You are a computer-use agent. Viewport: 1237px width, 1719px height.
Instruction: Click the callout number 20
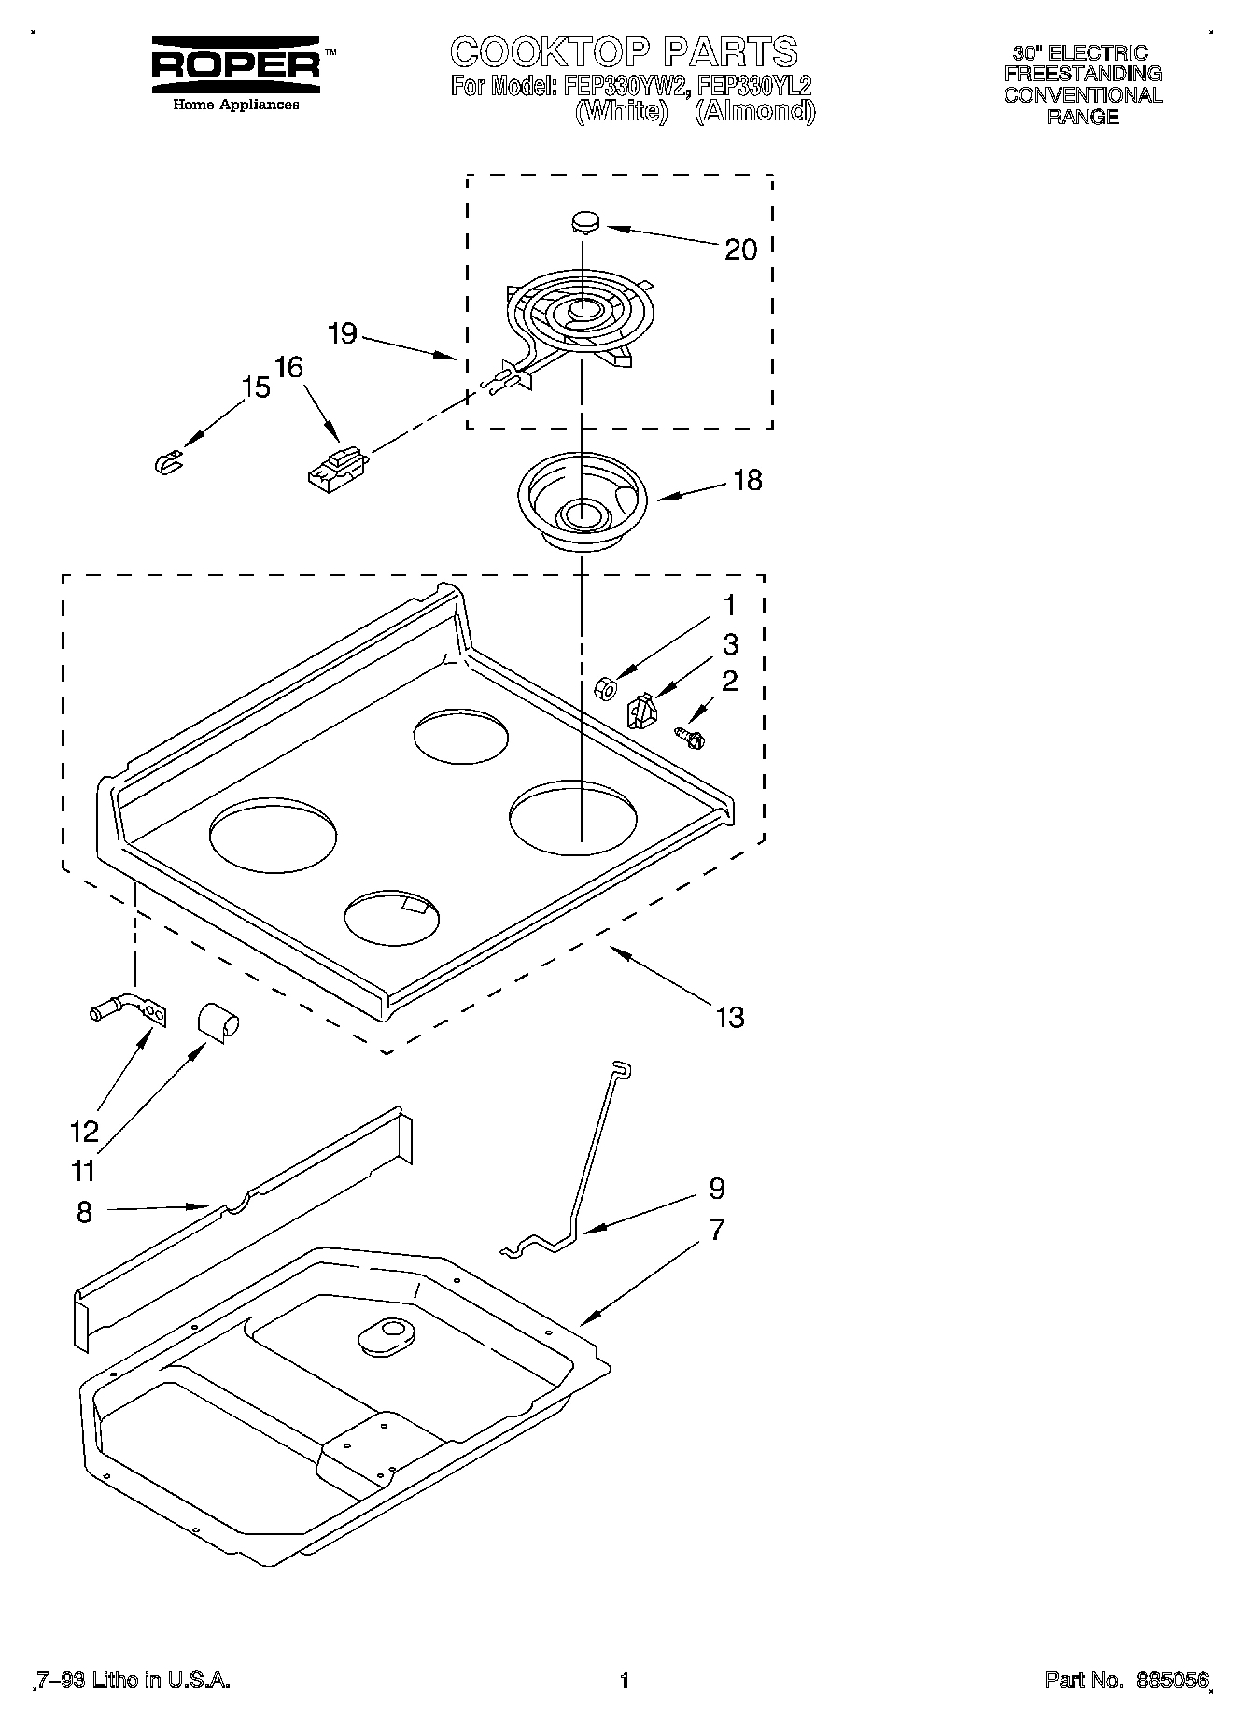point(740,249)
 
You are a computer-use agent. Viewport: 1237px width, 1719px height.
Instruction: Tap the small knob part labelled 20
point(584,222)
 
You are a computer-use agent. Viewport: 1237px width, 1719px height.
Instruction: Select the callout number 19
point(344,333)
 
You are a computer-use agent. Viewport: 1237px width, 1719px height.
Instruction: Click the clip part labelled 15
point(167,461)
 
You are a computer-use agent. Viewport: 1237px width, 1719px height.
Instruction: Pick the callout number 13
point(730,1017)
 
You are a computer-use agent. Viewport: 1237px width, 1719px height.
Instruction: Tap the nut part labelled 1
point(603,688)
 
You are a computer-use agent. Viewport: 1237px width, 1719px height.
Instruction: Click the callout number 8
point(84,1212)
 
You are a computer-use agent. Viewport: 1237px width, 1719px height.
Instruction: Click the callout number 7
point(716,1230)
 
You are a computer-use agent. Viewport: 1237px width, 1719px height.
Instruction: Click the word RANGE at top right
point(1083,117)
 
